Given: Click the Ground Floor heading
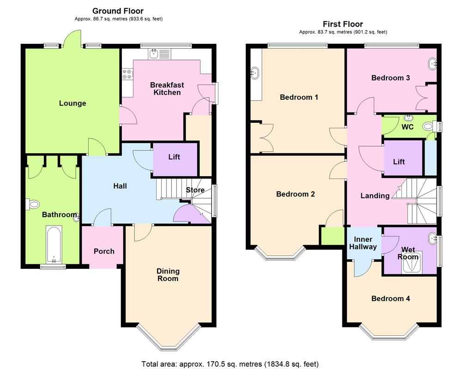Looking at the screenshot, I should pyautogui.click(x=118, y=11).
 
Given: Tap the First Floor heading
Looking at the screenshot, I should pyautogui.click(x=343, y=24).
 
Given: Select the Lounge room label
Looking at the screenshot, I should pyautogui.click(x=73, y=103).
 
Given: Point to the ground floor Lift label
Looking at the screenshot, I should pyautogui.click(x=174, y=157).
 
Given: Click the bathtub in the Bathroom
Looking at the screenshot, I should pyautogui.click(x=54, y=245).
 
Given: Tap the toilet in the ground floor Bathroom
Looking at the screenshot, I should pyautogui.click(x=34, y=204).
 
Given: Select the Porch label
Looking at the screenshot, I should pyautogui.click(x=104, y=251).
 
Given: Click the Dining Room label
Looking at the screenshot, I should pyautogui.click(x=168, y=275).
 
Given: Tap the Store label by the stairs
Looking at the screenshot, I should pyautogui.click(x=195, y=190).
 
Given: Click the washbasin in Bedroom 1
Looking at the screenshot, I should pyautogui.click(x=255, y=72).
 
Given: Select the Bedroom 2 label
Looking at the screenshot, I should pyautogui.click(x=295, y=194).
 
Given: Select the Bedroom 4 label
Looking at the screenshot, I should pyautogui.click(x=390, y=298).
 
